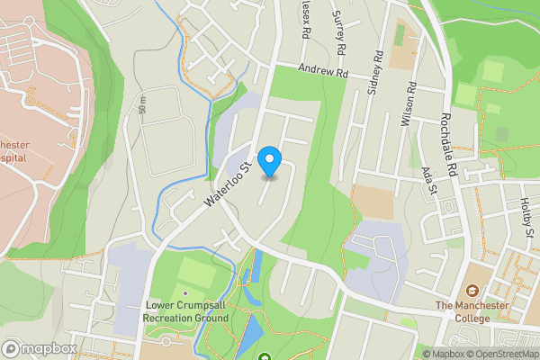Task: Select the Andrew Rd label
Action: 322,71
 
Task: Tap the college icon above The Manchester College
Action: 472,290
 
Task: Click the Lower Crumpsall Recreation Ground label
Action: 187,311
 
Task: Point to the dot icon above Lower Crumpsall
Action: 185,292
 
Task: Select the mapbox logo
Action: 40,348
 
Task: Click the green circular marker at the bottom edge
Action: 265,359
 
